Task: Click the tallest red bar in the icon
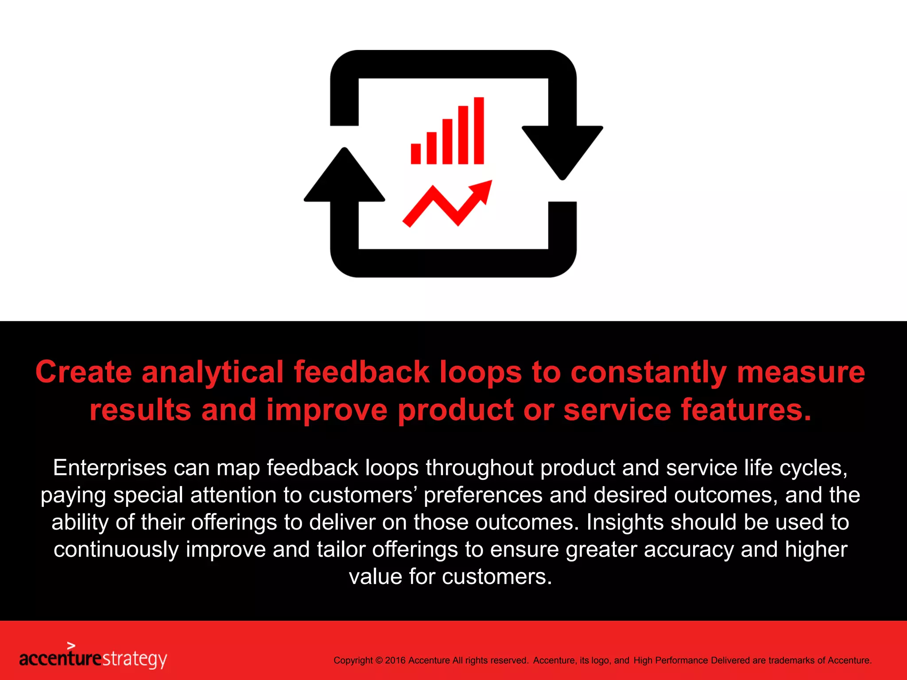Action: click(x=479, y=131)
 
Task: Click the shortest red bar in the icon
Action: click(x=415, y=154)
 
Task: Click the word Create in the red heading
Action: click(x=83, y=372)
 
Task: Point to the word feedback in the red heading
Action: click(x=361, y=372)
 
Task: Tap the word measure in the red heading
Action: click(x=801, y=372)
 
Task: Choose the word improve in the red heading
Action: click(x=327, y=410)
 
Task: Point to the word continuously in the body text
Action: click(x=116, y=550)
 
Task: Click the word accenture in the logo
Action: click(x=60, y=659)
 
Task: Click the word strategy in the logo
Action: click(x=135, y=659)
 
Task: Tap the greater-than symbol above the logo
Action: click(x=71, y=646)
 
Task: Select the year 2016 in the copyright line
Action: click(x=395, y=661)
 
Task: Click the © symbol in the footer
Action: click(x=379, y=661)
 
